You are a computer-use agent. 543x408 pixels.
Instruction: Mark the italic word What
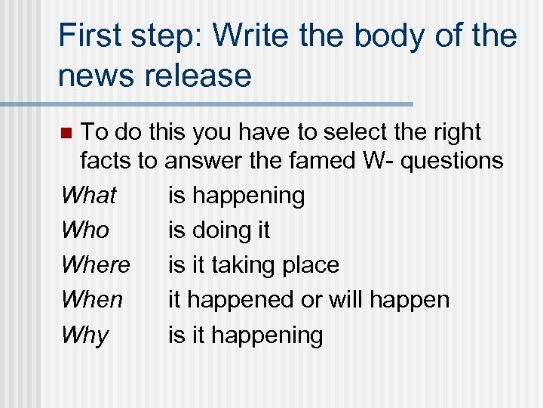coord(89,195)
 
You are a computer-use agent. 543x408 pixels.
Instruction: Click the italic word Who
coord(85,230)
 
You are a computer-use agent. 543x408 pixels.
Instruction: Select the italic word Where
coord(96,264)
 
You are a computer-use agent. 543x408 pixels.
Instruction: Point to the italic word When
coord(92,299)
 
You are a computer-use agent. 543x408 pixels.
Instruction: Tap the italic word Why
coord(85,335)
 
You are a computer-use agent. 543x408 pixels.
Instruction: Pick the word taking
coord(245,264)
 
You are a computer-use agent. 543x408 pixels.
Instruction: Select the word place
coord(311,264)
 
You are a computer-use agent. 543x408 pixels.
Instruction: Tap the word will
coord(343,299)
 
